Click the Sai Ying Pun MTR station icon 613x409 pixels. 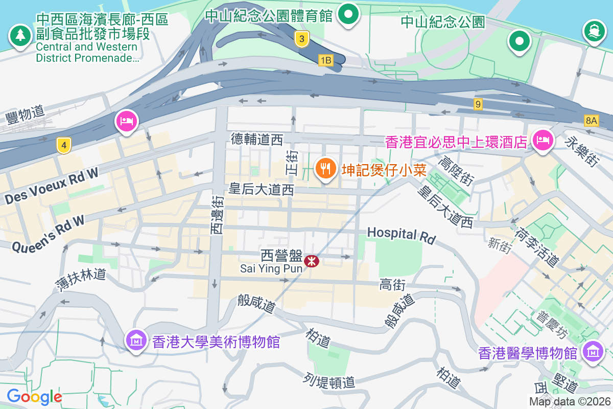[312, 261]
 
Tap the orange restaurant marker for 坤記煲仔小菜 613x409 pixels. [325, 168]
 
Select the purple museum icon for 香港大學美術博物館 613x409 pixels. [136, 339]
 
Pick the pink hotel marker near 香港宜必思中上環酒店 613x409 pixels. [542, 140]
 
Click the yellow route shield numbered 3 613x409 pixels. [302, 38]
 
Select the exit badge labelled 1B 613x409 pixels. [325, 60]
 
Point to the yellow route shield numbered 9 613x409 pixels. [478, 104]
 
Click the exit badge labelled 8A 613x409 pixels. [592, 121]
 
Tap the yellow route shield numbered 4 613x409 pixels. [63, 146]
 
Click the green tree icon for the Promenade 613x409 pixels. [20, 35]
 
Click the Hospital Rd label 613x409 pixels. [402, 235]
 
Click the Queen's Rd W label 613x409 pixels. [48, 234]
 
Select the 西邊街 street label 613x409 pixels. [218, 215]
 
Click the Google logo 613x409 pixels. [34, 396]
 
